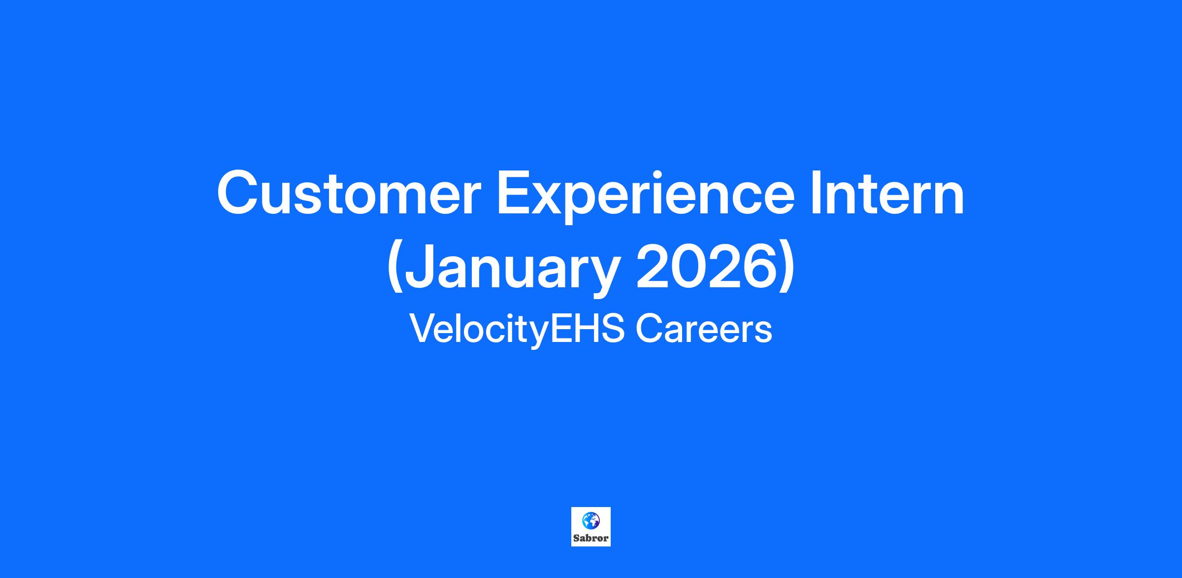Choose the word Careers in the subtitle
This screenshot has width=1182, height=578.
tap(703, 329)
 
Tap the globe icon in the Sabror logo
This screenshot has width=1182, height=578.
tap(591, 520)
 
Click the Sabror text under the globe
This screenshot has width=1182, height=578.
tap(591, 538)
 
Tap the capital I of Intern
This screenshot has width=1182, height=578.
tap(816, 193)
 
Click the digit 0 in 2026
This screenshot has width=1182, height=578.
tap(687, 267)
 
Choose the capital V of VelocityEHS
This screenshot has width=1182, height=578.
tap(423, 329)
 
